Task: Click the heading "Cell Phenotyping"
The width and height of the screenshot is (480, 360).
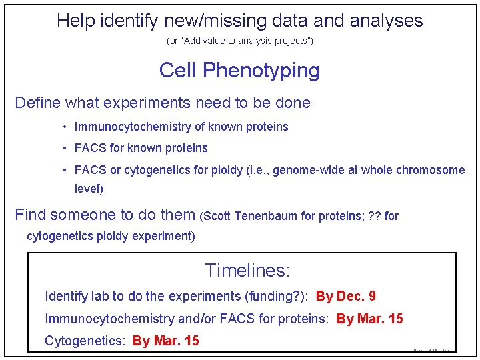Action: tap(239, 70)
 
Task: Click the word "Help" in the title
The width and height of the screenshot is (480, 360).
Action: tap(75, 21)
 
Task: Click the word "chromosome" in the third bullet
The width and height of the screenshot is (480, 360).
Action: tap(431, 170)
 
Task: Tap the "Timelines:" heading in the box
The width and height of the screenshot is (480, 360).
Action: tap(247, 270)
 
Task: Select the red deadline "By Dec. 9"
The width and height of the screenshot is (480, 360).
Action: tap(346, 296)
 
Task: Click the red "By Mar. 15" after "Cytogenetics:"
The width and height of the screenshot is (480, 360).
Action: tap(166, 341)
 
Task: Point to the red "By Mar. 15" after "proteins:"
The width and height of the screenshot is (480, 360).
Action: tap(370, 319)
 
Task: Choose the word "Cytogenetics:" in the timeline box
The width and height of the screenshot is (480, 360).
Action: tap(85, 341)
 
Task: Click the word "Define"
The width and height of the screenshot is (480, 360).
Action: tap(37, 103)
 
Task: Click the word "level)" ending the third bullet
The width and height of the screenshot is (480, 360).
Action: tap(89, 189)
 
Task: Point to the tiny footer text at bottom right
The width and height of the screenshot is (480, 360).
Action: tap(433, 349)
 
